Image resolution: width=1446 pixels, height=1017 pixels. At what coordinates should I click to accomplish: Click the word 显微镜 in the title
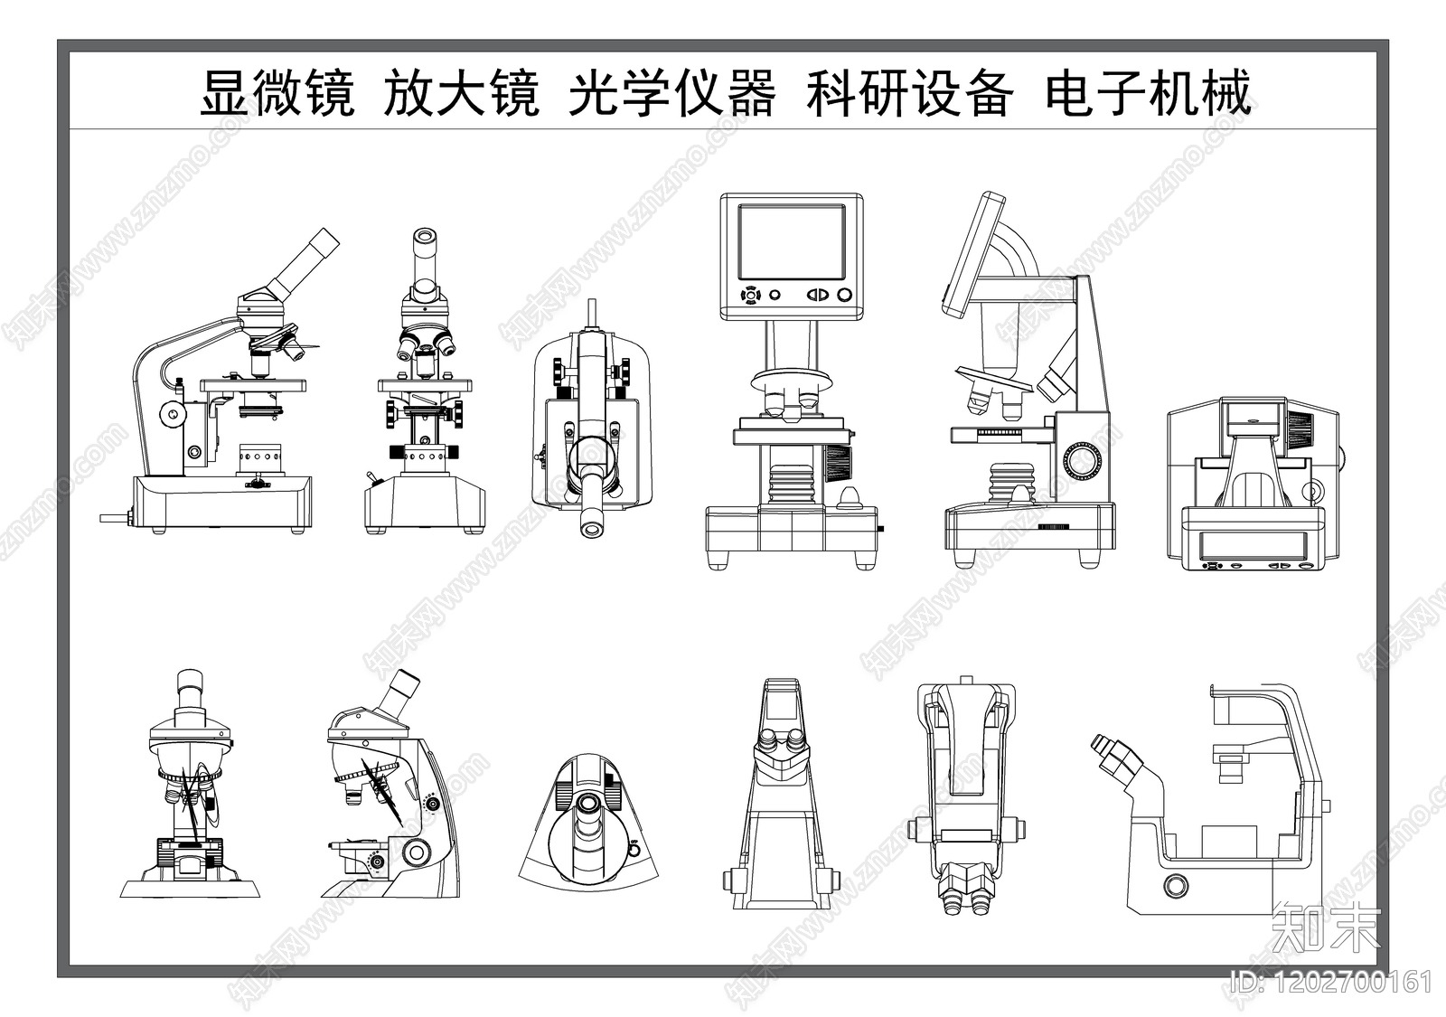277,93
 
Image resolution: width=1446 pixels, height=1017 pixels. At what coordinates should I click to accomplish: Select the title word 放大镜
461,93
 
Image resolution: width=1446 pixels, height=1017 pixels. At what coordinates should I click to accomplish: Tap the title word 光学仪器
671,93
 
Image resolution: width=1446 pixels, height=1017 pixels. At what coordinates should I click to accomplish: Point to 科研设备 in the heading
909,93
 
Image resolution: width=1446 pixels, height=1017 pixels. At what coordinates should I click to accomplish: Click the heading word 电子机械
1148,93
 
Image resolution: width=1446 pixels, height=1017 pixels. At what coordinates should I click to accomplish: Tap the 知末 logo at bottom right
1326,927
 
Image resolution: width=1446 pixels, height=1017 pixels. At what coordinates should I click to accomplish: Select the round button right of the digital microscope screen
844,295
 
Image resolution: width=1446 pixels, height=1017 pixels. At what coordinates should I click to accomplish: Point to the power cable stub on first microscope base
113,519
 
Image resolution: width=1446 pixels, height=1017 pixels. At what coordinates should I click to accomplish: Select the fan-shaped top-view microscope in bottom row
589,823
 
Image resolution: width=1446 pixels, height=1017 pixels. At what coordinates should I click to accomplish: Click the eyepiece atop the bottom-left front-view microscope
190,692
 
